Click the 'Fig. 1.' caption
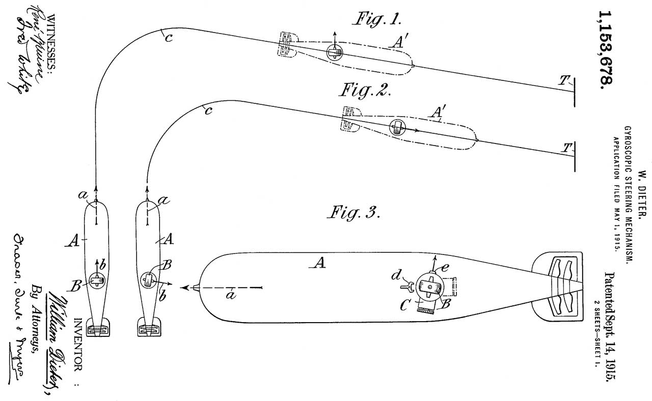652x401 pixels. click(378, 20)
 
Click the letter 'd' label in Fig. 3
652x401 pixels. click(395, 276)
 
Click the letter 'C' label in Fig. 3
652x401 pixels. click(404, 306)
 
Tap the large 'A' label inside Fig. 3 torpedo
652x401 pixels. click(319, 263)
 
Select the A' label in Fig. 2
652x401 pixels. click(437, 112)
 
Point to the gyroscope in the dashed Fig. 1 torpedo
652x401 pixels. click(335, 51)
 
